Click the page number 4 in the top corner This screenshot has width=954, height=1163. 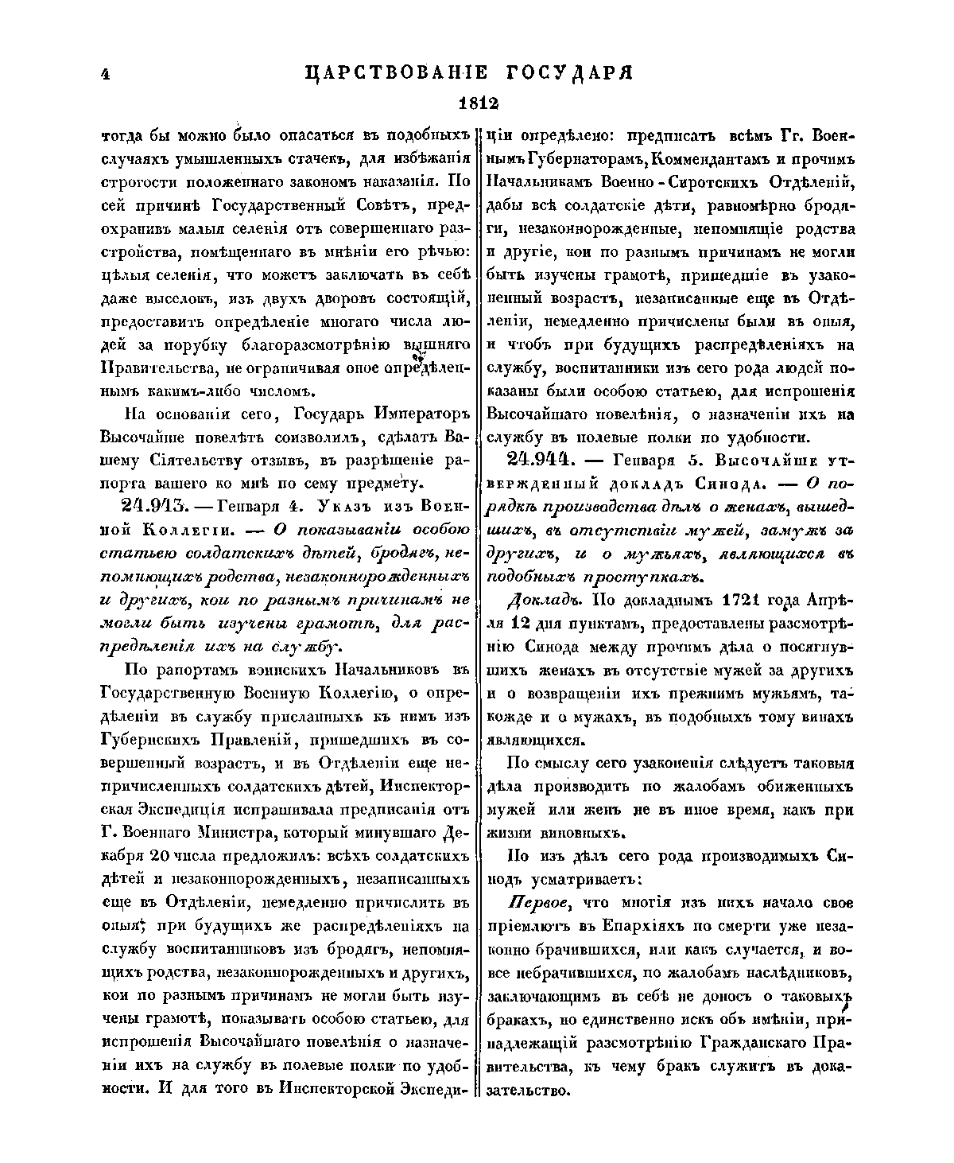(x=104, y=73)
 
